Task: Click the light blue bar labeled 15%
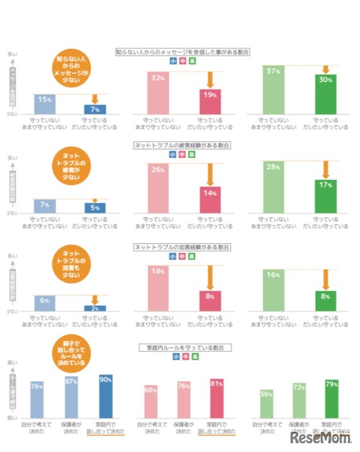coord(44,104)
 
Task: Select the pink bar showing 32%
coord(158,93)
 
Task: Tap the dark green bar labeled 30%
coord(326,95)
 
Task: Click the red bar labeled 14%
coord(210,200)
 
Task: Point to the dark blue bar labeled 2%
coord(95,308)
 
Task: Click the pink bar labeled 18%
coord(158,288)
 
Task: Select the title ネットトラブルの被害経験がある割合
coord(182,145)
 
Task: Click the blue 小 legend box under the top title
coord(172,62)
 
